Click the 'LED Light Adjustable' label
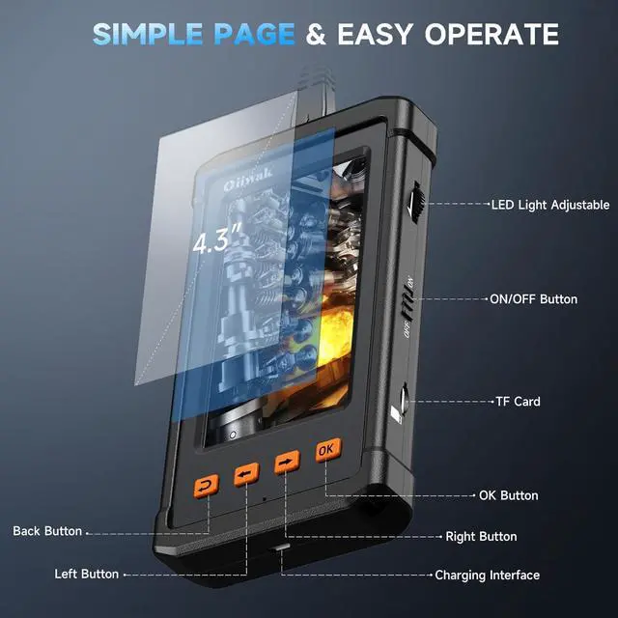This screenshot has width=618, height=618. point(549,205)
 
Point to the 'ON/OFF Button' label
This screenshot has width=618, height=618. point(533,299)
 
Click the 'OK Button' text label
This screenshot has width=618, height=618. point(508,495)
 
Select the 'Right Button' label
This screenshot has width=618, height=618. point(481,536)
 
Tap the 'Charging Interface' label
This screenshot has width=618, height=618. point(487,575)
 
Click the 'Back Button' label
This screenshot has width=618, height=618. point(47,531)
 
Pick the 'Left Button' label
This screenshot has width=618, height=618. point(87,574)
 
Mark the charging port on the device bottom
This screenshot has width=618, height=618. point(281,548)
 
